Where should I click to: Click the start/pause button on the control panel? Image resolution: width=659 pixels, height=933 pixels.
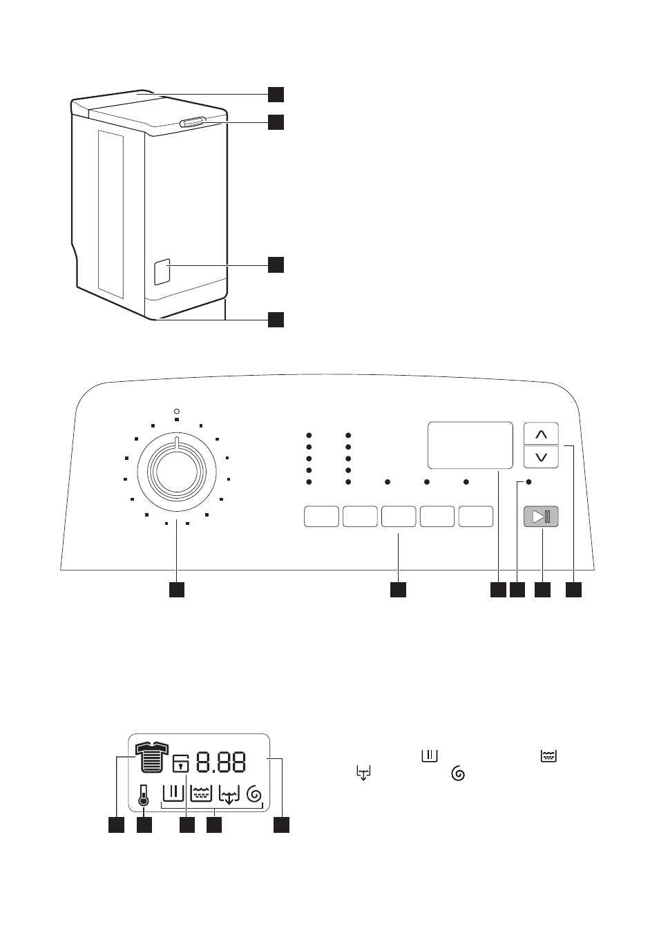(x=541, y=517)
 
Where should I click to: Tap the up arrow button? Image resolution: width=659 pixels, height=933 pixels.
(x=541, y=434)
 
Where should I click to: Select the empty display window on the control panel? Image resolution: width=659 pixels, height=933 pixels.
(x=470, y=445)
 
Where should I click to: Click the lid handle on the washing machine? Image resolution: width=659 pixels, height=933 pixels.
(x=193, y=122)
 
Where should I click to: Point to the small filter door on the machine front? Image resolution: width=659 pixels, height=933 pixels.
(x=162, y=272)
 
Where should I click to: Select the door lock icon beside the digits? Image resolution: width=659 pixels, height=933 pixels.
(x=180, y=764)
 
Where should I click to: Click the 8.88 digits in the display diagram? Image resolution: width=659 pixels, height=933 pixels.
(x=221, y=762)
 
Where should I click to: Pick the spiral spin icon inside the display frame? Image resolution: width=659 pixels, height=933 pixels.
(x=254, y=794)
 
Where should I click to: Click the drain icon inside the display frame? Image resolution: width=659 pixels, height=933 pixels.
(x=229, y=794)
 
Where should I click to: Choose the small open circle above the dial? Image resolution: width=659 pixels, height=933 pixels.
(x=177, y=412)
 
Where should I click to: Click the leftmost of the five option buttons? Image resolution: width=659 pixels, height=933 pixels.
(x=321, y=517)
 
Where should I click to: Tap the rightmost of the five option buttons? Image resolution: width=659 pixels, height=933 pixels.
(x=476, y=517)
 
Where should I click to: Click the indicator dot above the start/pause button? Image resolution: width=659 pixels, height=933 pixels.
(x=528, y=482)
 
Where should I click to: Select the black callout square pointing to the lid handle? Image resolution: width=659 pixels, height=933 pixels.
(x=276, y=122)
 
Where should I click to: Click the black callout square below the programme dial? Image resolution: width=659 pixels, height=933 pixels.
(x=177, y=590)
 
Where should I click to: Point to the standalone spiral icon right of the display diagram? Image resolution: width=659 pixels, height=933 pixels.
(x=458, y=774)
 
